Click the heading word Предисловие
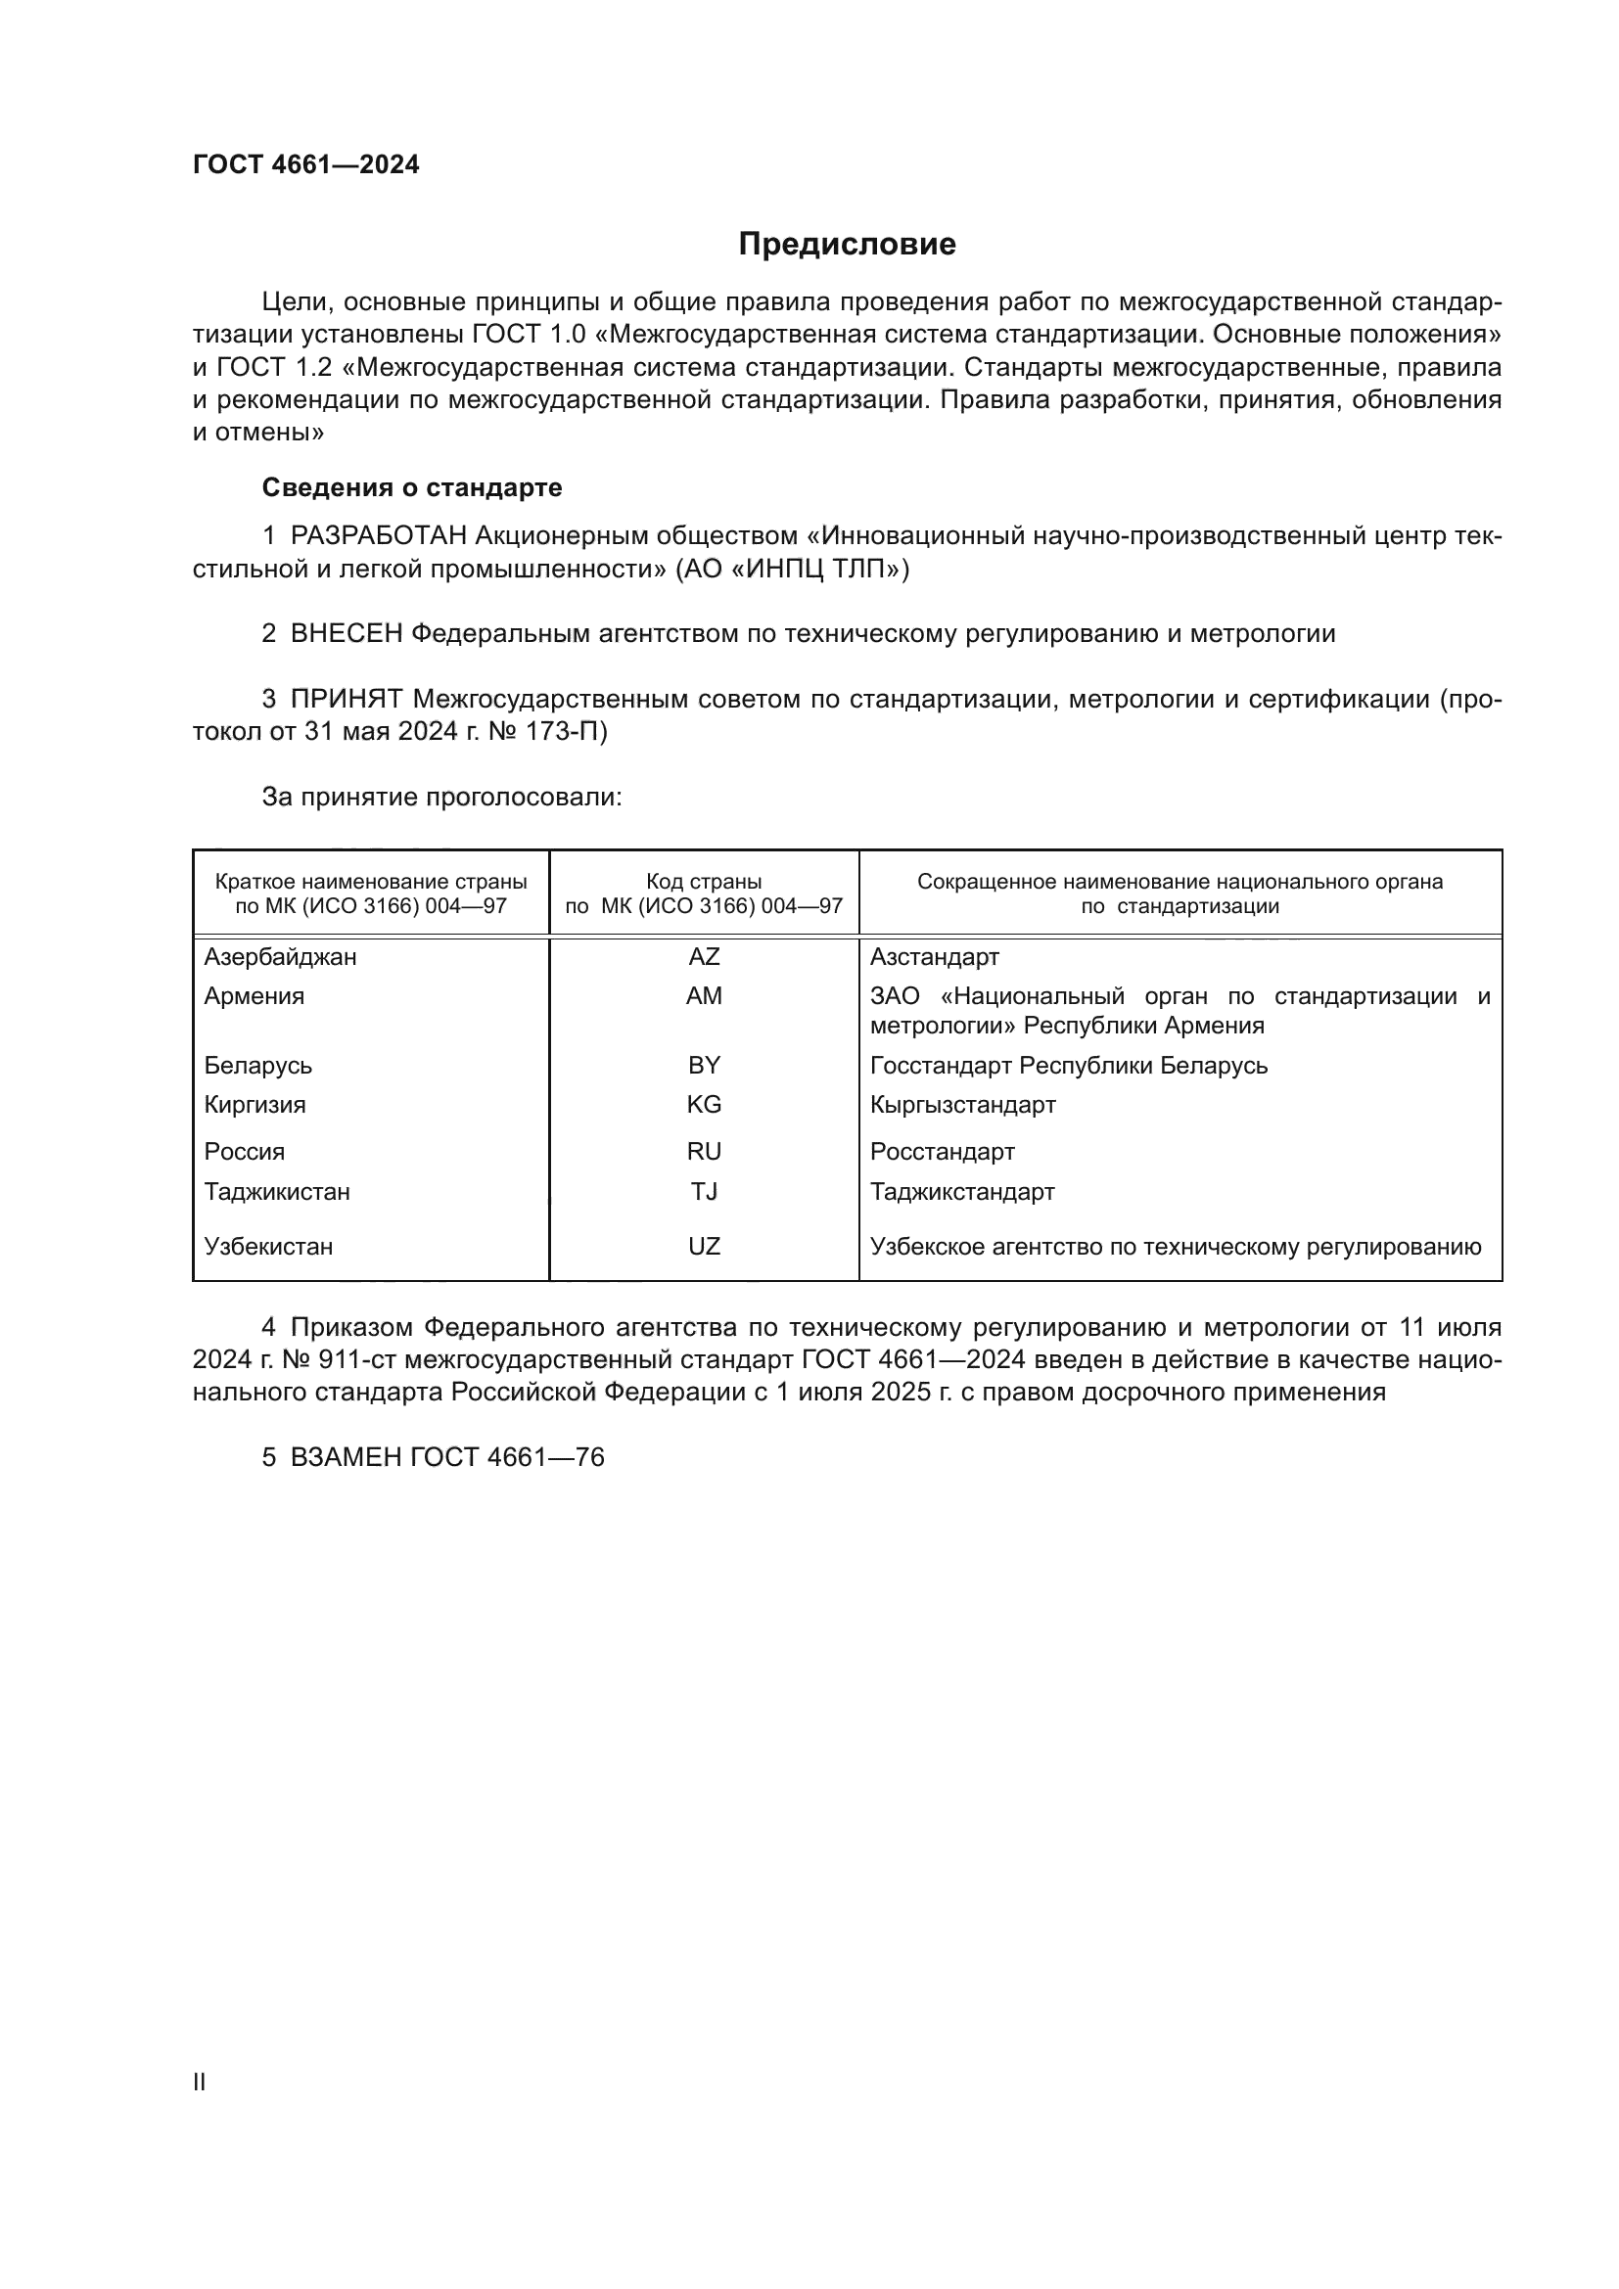click(x=847, y=245)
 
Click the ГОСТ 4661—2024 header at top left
click(x=306, y=165)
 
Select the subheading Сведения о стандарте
click(x=412, y=487)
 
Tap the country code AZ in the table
click(x=704, y=957)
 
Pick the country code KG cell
click(x=704, y=1105)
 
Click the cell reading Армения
click(x=254, y=996)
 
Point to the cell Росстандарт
click(x=942, y=1152)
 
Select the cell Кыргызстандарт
click(x=962, y=1105)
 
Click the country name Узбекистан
click(x=268, y=1246)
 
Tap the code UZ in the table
click(x=704, y=1246)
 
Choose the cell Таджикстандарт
click(x=962, y=1191)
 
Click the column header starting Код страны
click(x=704, y=893)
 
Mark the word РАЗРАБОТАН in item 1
click(x=379, y=536)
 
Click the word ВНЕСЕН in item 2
click(x=347, y=633)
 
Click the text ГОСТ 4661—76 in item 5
click(x=507, y=1457)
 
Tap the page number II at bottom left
click(x=200, y=2082)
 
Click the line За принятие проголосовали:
click(x=441, y=797)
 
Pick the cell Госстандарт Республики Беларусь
click(x=1069, y=1066)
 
